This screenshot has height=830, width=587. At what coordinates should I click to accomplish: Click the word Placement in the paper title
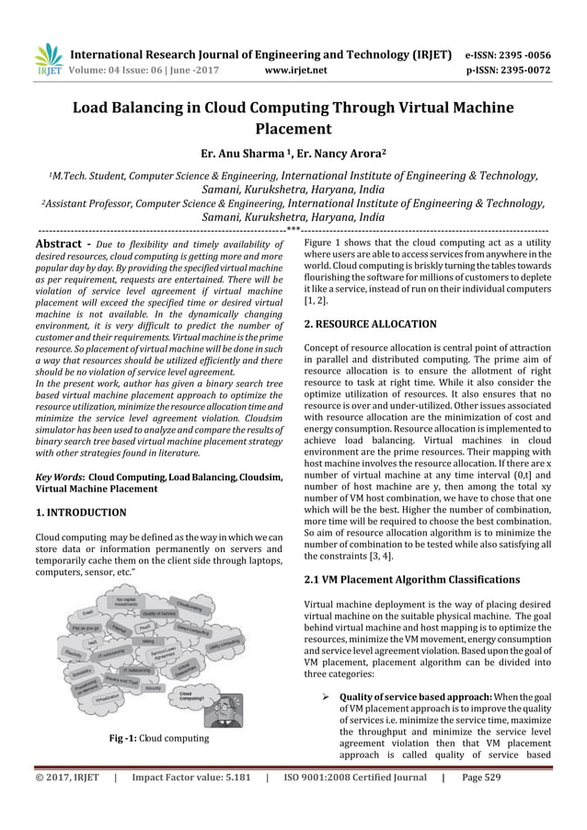(293, 129)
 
